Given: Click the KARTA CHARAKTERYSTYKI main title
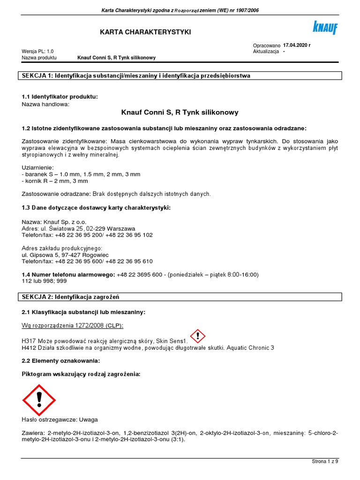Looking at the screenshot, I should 139,31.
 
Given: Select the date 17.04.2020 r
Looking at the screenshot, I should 297,45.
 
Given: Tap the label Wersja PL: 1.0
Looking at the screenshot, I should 38,51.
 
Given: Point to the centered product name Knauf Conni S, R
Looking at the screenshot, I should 180,112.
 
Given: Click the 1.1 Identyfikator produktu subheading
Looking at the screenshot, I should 60,97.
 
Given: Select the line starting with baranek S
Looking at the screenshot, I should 81,174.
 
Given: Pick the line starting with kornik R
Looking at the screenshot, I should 55,181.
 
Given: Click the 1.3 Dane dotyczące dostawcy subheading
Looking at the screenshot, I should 96,207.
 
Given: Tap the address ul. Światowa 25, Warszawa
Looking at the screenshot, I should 79,228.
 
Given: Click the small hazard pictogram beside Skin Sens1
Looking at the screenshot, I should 198,336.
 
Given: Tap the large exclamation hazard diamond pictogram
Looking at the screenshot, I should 39,400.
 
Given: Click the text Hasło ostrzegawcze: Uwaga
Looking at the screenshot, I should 60,420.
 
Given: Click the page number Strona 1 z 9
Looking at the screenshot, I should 325,461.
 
